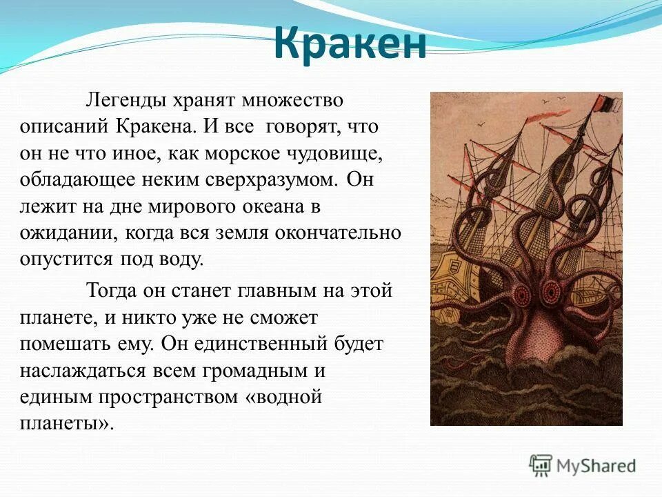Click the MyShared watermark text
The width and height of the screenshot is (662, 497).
click(596, 466)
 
